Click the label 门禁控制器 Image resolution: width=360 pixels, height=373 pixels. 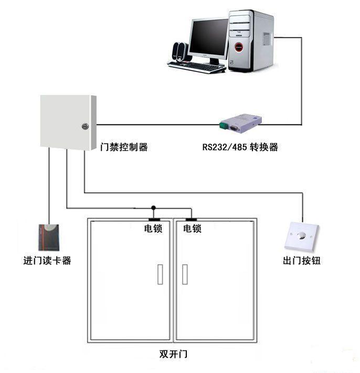pyautogui.click(x=124, y=147)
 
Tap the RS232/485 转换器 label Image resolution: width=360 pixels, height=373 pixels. pyautogui.click(x=240, y=147)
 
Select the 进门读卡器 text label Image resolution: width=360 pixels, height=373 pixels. pyautogui.click(x=47, y=261)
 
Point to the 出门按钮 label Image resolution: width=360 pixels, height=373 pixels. pyautogui.click(x=302, y=261)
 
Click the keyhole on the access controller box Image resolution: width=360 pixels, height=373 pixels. pyautogui.click(x=85, y=126)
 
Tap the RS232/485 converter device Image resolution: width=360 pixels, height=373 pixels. pyautogui.click(x=240, y=122)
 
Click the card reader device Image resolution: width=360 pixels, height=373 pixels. pyautogui.click(x=49, y=237)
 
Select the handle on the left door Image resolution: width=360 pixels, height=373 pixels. pyautogui.click(x=161, y=274)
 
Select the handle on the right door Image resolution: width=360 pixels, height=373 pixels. pyautogui.click(x=185, y=274)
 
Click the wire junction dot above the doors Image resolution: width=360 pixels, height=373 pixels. pyautogui.click(x=153, y=207)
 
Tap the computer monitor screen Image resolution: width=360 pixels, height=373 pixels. pyautogui.click(x=208, y=38)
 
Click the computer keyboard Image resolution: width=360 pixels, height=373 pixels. pyautogui.click(x=197, y=67)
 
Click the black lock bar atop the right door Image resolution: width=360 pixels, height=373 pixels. pyautogui.click(x=190, y=219)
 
